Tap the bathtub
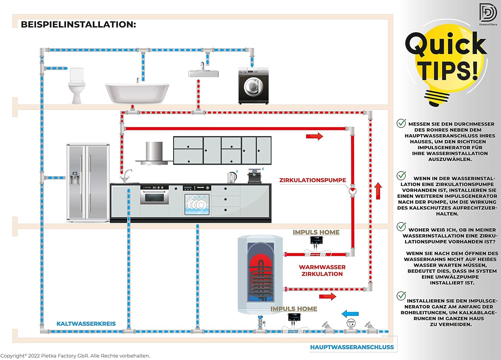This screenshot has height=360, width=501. click(137, 93)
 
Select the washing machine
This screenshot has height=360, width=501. click(253, 86)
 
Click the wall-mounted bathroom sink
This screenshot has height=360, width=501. click(203, 73)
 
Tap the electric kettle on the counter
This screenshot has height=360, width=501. click(232, 177)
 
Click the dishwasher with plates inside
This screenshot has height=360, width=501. click(197, 204)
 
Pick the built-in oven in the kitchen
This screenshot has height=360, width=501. click(154, 197)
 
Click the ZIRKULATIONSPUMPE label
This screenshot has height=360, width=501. click(313, 180)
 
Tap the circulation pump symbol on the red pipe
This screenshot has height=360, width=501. click(352, 191)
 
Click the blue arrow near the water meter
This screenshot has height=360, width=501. click(350, 314)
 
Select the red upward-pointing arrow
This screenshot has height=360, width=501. click(378, 191)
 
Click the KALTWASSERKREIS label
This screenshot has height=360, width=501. click(86, 324)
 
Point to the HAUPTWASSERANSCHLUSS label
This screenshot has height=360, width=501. click(352, 347)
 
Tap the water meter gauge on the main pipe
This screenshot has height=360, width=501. click(351, 323)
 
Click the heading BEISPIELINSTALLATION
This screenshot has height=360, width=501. click(78, 24)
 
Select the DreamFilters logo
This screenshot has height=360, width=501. click(488, 14)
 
